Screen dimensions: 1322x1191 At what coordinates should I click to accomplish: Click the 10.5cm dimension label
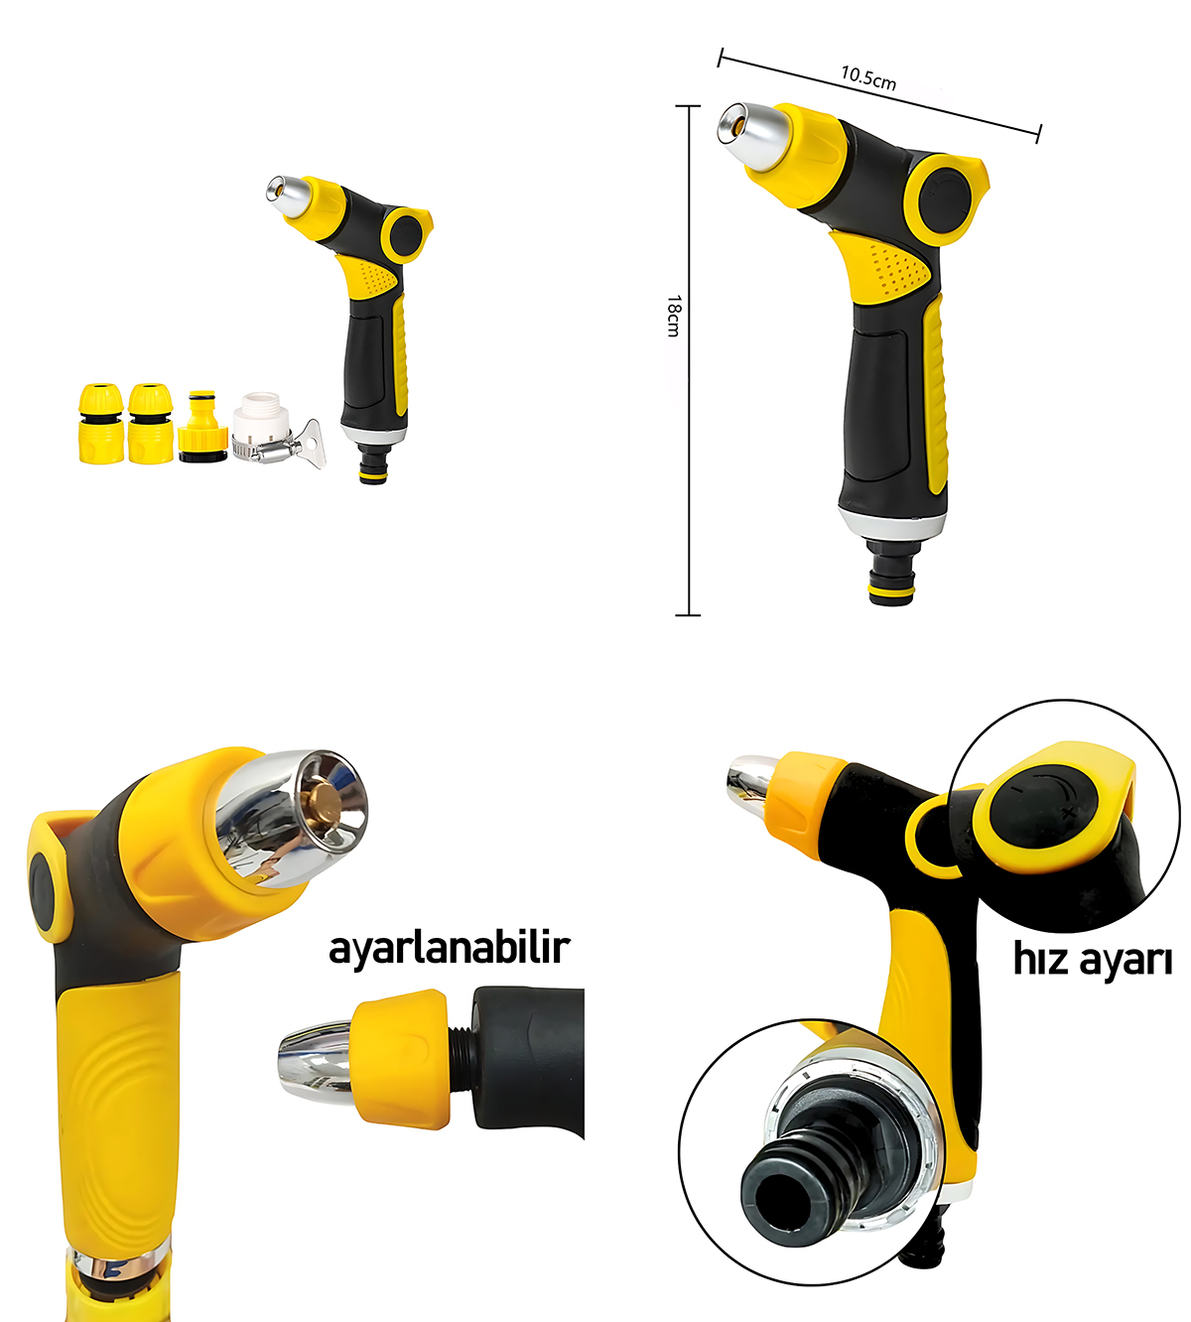(868, 77)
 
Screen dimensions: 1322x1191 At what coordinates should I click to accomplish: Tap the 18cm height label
(673, 316)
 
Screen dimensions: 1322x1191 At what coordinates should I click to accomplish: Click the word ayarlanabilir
(449, 947)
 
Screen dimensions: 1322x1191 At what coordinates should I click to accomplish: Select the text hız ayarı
(1092, 960)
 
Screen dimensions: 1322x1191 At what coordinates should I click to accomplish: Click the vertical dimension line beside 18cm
(689, 447)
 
